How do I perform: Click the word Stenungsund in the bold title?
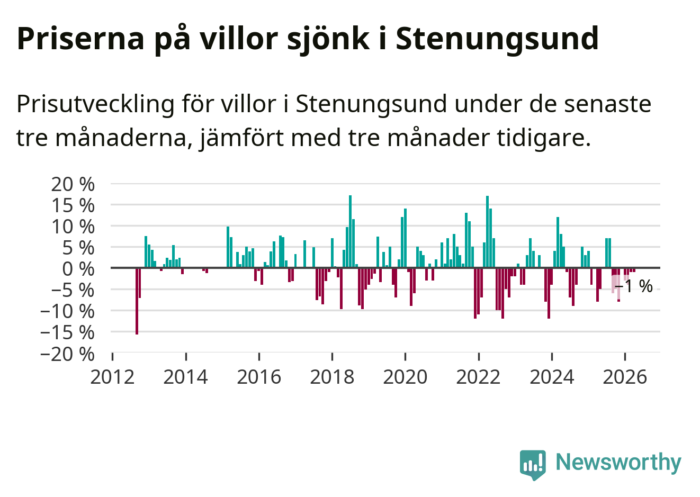pyautogui.click(x=497, y=39)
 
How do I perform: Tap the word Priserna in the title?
pyautogui.click(x=80, y=39)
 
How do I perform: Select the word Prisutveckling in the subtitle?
pyautogui.click(x=95, y=104)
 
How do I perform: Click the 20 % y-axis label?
pyautogui.click(x=73, y=184)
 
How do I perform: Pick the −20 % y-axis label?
pyautogui.click(x=67, y=354)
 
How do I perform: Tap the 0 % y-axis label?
pyautogui.click(x=78, y=269)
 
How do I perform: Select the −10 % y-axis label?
pyautogui.click(x=67, y=312)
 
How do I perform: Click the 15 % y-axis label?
pyautogui.click(x=73, y=205)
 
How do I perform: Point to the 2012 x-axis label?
pyautogui.click(x=112, y=377)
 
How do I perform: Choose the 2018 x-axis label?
pyautogui.click(x=332, y=377)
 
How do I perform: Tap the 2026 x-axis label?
pyautogui.click(x=625, y=377)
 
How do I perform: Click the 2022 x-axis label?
pyautogui.click(x=479, y=377)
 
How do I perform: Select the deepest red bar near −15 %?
pyautogui.click(x=137, y=301)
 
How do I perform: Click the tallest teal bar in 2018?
pyautogui.click(x=351, y=231)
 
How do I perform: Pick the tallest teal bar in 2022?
pyautogui.click(x=488, y=232)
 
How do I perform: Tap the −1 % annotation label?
pyautogui.click(x=634, y=286)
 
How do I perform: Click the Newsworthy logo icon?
pyautogui.click(x=533, y=465)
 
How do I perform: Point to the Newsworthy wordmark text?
pyautogui.click(x=618, y=462)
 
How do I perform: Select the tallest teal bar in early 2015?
pyautogui.click(x=228, y=247)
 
